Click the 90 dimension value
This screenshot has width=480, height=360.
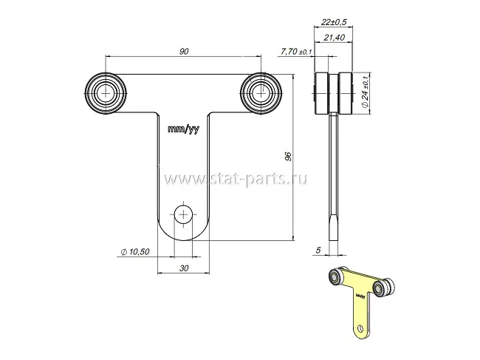point(184,51)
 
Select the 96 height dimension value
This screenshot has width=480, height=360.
point(288,156)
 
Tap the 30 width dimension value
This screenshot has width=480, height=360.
point(184,268)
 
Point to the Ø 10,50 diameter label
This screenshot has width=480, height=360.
point(135,252)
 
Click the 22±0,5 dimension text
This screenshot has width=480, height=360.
point(334,22)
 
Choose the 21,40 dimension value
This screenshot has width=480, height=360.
point(335,38)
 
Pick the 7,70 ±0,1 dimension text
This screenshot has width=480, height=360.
point(296,52)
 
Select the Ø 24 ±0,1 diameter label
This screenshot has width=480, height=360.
point(366,91)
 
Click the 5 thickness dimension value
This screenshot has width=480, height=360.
point(318,251)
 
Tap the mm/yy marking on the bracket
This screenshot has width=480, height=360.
point(184,129)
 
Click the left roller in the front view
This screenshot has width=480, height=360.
point(106,93)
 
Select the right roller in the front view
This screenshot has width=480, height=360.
point(261,93)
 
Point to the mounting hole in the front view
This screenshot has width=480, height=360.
point(183,215)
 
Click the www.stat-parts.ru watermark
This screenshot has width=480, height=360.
point(236,179)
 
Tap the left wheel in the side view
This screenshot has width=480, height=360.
point(321,93)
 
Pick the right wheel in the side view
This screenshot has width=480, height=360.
point(346,93)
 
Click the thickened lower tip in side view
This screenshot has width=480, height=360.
point(334,228)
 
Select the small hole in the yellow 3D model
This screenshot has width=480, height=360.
point(360,328)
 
